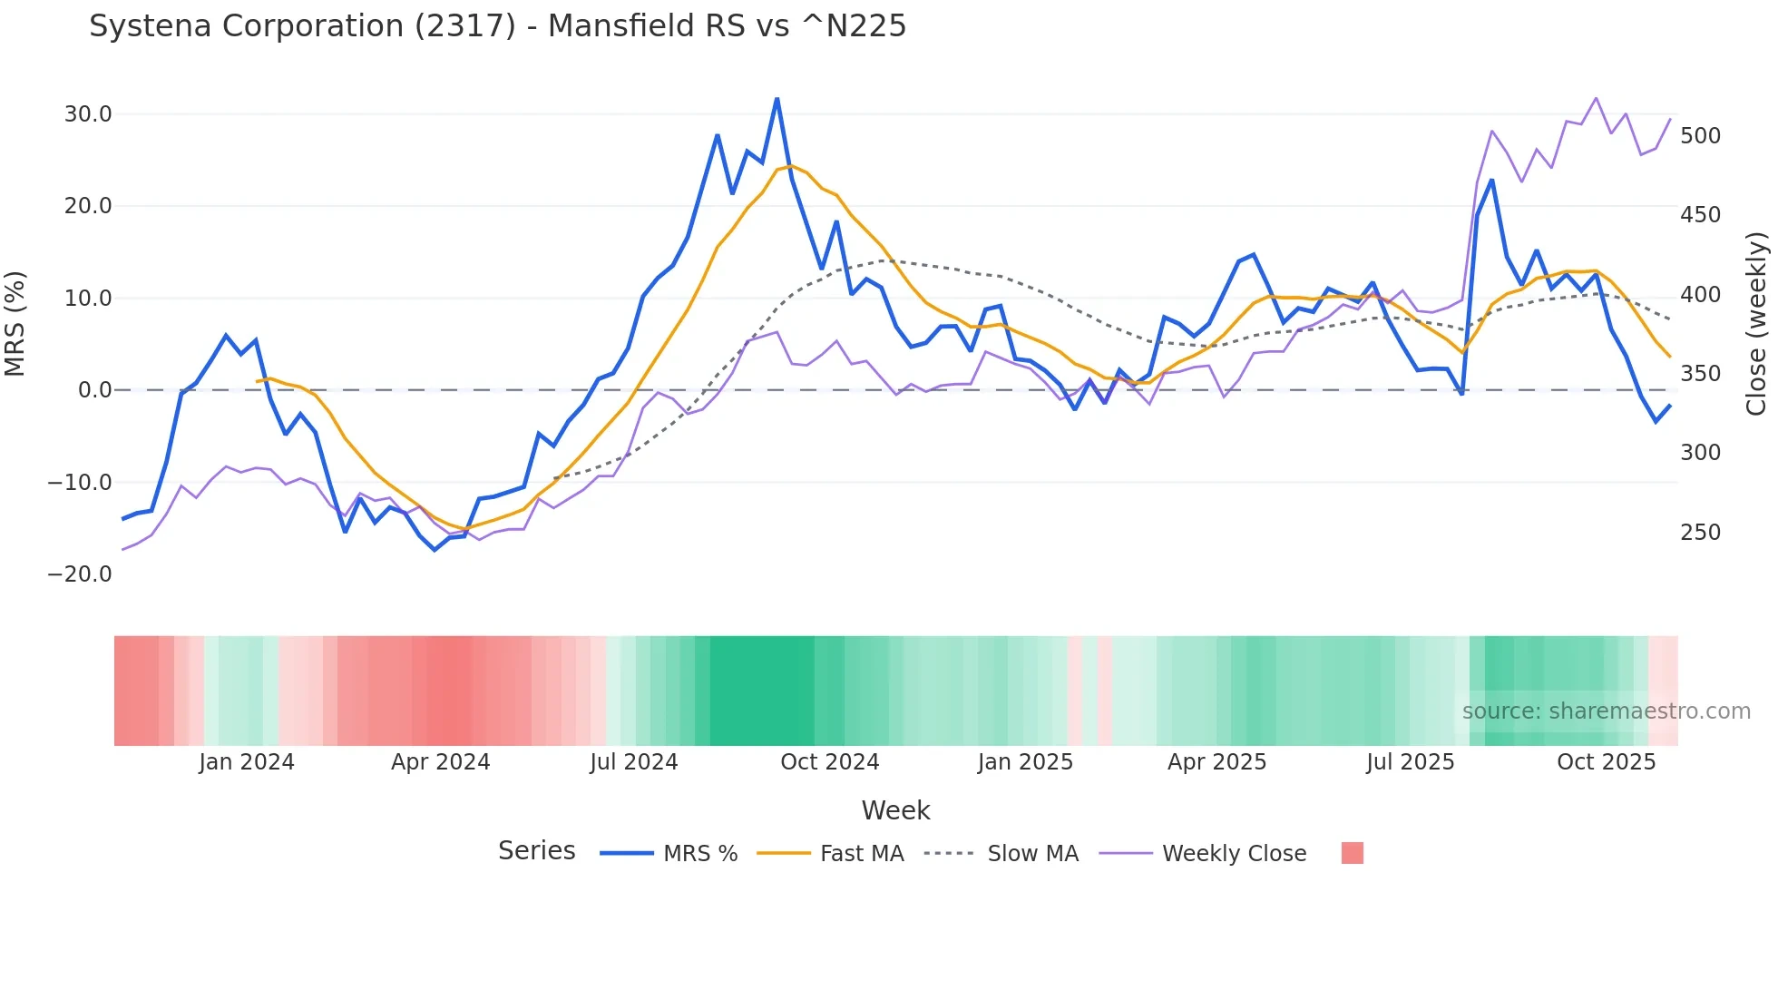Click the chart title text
coord(497,26)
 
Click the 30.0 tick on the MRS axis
coord(88,114)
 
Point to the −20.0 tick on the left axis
coord(80,574)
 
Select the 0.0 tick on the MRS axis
coord(94,390)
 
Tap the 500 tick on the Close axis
coord(1700,136)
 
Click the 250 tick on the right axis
coord(1700,533)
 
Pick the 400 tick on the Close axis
coord(1700,295)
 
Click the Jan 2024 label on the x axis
coord(247,762)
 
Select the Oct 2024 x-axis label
coord(830,762)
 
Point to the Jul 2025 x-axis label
coord(1411,762)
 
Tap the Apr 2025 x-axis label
coord(1216,762)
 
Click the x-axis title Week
coord(895,810)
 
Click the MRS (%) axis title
coord(15,323)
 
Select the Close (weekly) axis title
coord(1756,323)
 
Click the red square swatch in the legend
coord(1352,853)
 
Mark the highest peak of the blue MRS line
coord(777,99)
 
